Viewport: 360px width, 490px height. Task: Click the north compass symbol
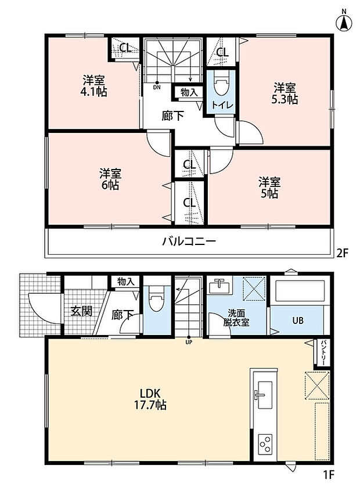pyautogui.click(x=344, y=21)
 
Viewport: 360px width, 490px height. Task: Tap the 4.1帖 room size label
pyautogui.click(x=93, y=92)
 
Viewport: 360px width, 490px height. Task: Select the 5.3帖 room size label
pyautogui.click(x=285, y=99)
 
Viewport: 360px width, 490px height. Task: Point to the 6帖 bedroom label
pyautogui.click(x=110, y=185)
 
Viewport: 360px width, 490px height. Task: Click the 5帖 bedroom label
pyautogui.click(x=269, y=194)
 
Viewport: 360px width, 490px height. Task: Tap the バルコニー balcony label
pyautogui.click(x=189, y=242)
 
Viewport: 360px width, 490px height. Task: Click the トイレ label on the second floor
pyautogui.click(x=222, y=105)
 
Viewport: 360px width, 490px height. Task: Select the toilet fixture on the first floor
pyautogui.click(x=157, y=299)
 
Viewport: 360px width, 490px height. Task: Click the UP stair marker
pyautogui.click(x=189, y=340)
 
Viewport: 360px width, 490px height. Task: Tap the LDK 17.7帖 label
pyautogui.click(x=150, y=399)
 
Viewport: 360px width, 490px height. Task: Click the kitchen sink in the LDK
pyautogui.click(x=264, y=394)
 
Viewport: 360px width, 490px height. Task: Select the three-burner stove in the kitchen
pyautogui.click(x=265, y=444)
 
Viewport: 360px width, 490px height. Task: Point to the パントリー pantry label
pyautogui.click(x=323, y=353)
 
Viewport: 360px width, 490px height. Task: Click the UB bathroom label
pyautogui.click(x=298, y=320)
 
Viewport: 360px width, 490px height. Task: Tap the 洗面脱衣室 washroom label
pyautogui.click(x=236, y=318)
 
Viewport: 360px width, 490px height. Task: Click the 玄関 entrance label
pyautogui.click(x=81, y=311)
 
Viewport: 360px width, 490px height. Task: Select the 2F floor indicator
pyautogui.click(x=342, y=253)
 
